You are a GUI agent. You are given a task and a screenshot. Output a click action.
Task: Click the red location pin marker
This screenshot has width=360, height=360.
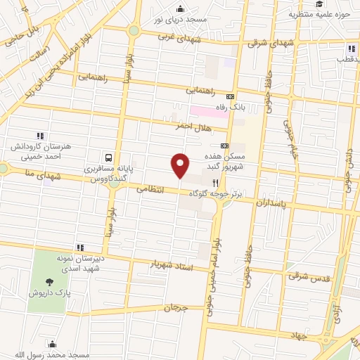coord(180,165)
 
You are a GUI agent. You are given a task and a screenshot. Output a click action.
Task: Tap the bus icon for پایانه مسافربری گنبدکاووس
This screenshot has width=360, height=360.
coord(109,158)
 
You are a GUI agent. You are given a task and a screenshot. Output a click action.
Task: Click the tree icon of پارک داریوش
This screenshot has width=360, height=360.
coord(48,282)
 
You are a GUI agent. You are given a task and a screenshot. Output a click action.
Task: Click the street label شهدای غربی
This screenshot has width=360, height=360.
coord(174,36)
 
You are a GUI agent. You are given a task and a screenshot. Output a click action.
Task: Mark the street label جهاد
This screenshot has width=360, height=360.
coord(300,336)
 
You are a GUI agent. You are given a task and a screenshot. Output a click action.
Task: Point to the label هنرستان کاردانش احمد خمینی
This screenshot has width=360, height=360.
coord(39,148)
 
